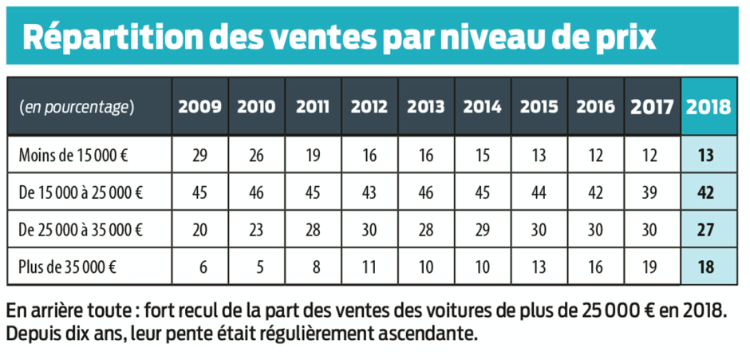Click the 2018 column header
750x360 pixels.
click(x=709, y=107)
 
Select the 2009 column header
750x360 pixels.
click(x=199, y=107)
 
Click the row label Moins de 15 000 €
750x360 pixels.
click(x=73, y=156)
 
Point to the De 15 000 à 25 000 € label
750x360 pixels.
click(x=81, y=192)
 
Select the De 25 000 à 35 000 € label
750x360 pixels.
click(x=81, y=230)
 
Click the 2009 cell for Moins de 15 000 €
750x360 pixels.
click(x=199, y=156)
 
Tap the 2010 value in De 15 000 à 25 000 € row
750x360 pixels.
click(x=256, y=192)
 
